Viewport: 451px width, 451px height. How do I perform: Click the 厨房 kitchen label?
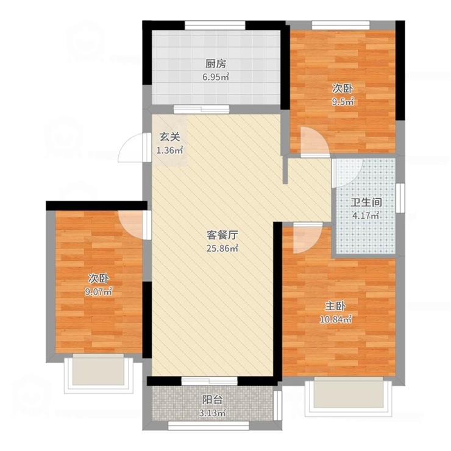click(x=216, y=64)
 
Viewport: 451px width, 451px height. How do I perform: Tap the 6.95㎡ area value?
click(x=216, y=77)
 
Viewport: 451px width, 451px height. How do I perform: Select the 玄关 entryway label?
click(x=169, y=137)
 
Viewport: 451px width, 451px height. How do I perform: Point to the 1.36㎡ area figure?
click(x=169, y=150)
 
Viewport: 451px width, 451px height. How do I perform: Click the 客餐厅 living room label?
click(x=222, y=235)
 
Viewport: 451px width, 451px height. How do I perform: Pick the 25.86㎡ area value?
click(x=222, y=249)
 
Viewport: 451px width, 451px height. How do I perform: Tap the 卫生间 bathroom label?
click(x=366, y=202)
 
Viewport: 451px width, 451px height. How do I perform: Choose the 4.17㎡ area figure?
click(x=366, y=215)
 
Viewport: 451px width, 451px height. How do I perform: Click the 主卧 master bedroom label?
click(x=335, y=307)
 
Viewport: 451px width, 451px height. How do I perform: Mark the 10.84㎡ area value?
click(x=336, y=319)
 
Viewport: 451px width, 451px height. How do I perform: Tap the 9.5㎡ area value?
click(x=343, y=102)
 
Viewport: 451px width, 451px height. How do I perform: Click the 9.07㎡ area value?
click(x=98, y=292)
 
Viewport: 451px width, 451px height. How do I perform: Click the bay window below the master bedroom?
click(x=349, y=397)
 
